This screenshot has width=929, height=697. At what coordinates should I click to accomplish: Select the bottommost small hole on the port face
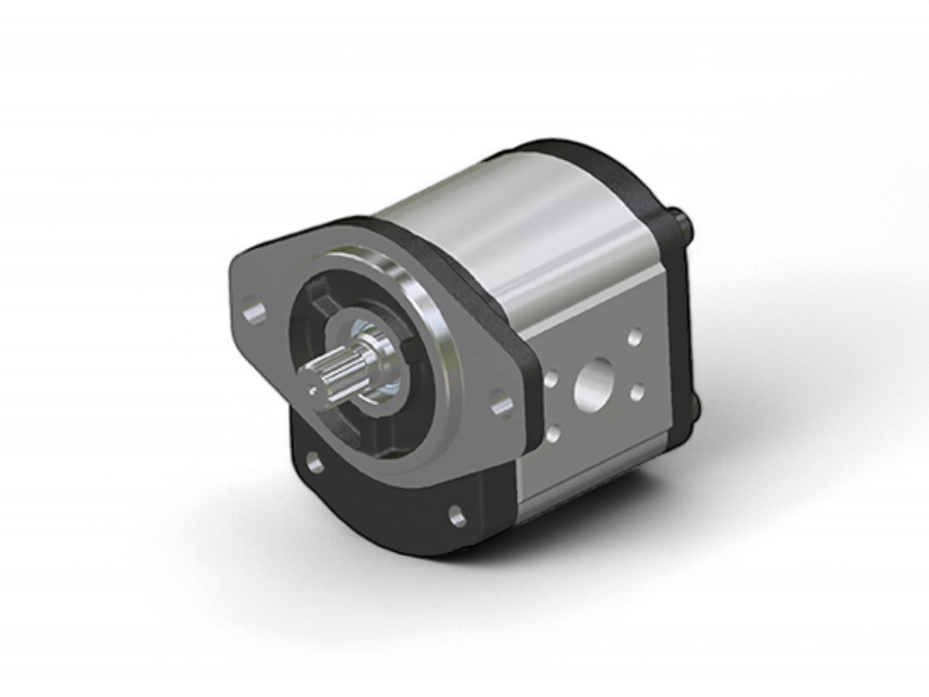click(x=554, y=432)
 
